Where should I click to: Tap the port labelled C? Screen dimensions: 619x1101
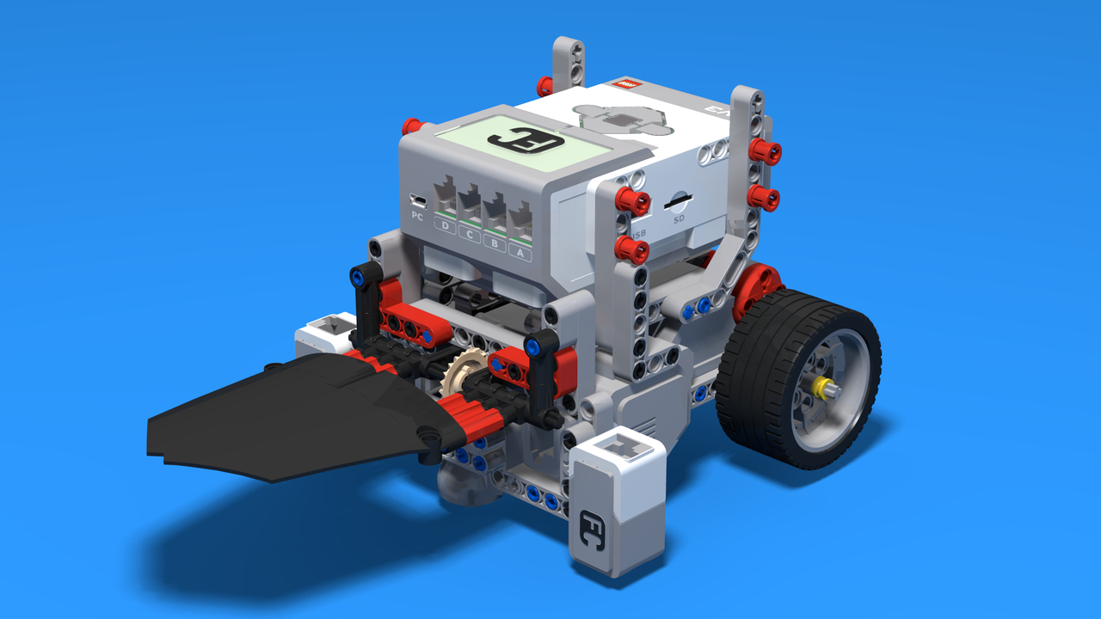tap(470, 207)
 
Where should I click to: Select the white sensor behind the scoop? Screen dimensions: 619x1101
tap(324, 334)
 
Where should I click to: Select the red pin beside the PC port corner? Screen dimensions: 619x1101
tap(412, 126)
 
